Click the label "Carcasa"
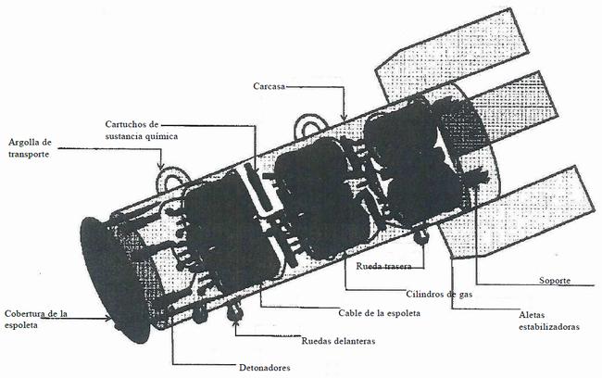269,86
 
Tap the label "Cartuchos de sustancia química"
142,131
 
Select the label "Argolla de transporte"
30,148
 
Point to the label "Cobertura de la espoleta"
36,320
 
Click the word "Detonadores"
264,368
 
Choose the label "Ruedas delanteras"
338,341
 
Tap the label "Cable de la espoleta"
379,313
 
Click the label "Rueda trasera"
383,266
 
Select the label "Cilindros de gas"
439,295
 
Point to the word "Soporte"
555,280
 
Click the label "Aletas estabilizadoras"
548,321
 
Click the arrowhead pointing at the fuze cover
107,318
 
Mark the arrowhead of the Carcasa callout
345,115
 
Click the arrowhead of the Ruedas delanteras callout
235,321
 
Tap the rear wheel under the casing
421,237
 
